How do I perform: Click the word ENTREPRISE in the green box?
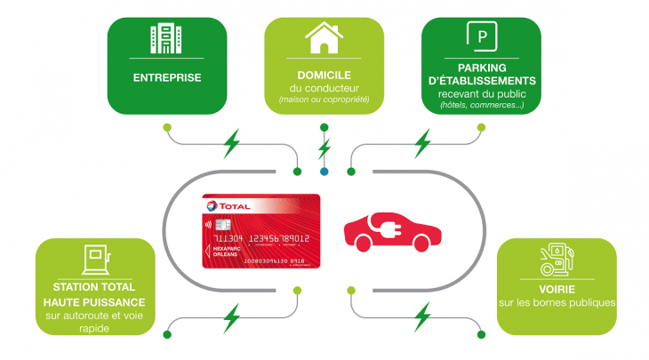(x=166, y=77)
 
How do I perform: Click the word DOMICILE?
(x=324, y=76)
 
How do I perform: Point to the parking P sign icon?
(x=482, y=36)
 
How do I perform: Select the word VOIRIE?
(x=556, y=288)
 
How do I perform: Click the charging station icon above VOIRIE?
(x=557, y=259)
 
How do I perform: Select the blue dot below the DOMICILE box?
(x=324, y=171)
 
